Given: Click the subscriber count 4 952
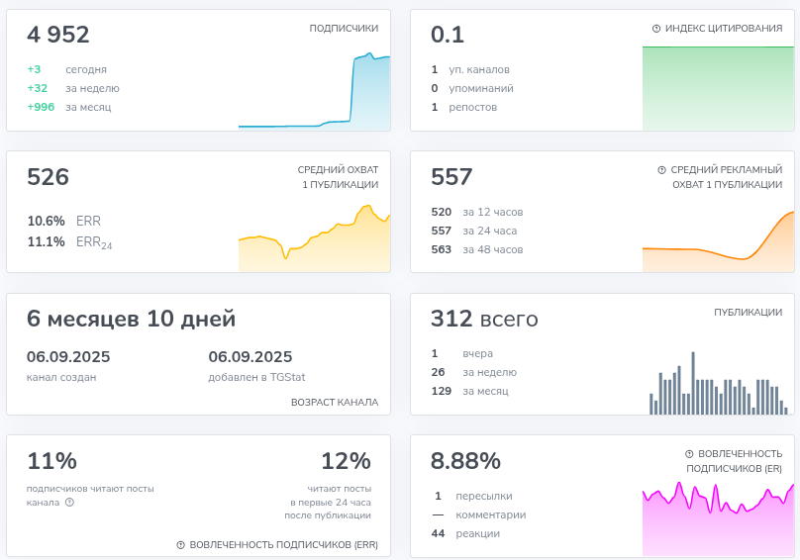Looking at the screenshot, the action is point(58,35).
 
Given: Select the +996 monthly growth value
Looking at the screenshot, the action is point(41,107).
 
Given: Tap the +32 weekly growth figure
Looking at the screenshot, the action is point(38,88).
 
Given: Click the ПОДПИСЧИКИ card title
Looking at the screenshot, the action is point(344,28).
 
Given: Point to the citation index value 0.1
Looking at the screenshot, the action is point(448,35).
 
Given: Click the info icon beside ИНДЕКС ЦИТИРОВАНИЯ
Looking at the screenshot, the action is point(656,29).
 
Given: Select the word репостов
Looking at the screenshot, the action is point(473,108).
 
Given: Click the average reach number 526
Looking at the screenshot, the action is point(48,177).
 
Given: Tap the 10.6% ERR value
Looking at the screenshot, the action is point(46,221).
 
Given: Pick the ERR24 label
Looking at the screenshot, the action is point(94,242).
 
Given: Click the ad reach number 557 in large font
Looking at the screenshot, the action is point(451,177).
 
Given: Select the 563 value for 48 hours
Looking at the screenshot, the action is point(442,249).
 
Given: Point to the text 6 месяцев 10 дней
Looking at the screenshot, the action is point(131,319).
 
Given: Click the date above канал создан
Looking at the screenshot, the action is point(68,356).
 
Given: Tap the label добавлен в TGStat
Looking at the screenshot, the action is point(256,377).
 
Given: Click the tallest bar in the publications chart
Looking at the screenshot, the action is point(693,383).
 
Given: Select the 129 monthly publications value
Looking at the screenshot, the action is point(442,391).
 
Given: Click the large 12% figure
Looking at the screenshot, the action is point(346,461).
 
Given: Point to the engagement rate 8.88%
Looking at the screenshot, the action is point(465,461).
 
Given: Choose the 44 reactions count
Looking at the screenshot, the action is point(438,533).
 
